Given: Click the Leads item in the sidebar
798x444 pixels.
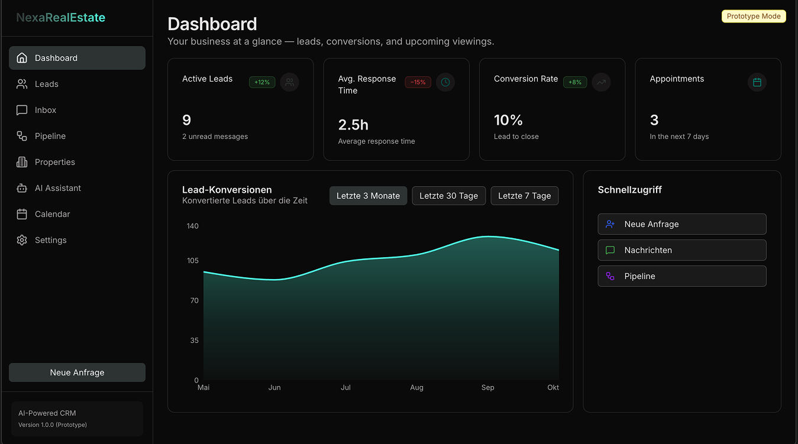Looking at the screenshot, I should pyautogui.click(x=46, y=84).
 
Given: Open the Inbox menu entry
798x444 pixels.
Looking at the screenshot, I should pyautogui.click(x=46, y=110).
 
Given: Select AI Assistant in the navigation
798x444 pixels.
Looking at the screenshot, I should pyautogui.click(x=57, y=188).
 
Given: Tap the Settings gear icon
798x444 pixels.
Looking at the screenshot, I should pyautogui.click(x=22, y=240).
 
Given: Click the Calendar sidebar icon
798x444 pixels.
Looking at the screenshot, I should pyautogui.click(x=22, y=214).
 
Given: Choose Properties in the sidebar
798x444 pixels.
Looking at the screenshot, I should pyautogui.click(x=54, y=162).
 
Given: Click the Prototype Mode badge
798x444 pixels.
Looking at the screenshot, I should pyautogui.click(x=753, y=17).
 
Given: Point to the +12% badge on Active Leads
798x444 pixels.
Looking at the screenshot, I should pyautogui.click(x=261, y=82).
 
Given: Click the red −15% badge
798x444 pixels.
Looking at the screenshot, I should pyautogui.click(x=418, y=82).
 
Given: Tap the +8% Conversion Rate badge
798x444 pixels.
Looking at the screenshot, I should pyautogui.click(x=574, y=82).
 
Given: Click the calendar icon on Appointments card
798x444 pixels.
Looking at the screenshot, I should pyautogui.click(x=757, y=82).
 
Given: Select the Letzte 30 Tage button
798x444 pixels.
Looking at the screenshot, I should pyautogui.click(x=448, y=196).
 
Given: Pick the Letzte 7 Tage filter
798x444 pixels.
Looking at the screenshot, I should pyautogui.click(x=524, y=196).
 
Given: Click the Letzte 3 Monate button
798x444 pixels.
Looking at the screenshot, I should pyautogui.click(x=368, y=196).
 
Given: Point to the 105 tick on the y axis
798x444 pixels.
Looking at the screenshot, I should pyautogui.click(x=192, y=261).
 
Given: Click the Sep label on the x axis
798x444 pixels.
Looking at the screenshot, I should pyautogui.click(x=487, y=388).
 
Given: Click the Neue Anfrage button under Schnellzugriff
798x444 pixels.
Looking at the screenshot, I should pyautogui.click(x=681, y=224).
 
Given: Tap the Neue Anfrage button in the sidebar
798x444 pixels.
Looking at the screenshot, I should pyautogui.click(x=77, y=372).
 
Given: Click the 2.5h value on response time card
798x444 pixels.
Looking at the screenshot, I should pyautogui.click(x=353, y=125).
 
